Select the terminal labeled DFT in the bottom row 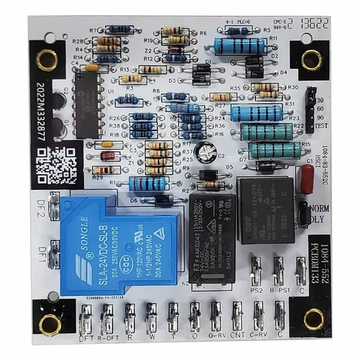(86, 317)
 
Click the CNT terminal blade (238, 317)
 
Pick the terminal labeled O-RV (215, 317)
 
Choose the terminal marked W (151, 317)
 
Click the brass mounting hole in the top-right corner (311, 59)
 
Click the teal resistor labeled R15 (274, 150)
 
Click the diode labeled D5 (209, 175)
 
